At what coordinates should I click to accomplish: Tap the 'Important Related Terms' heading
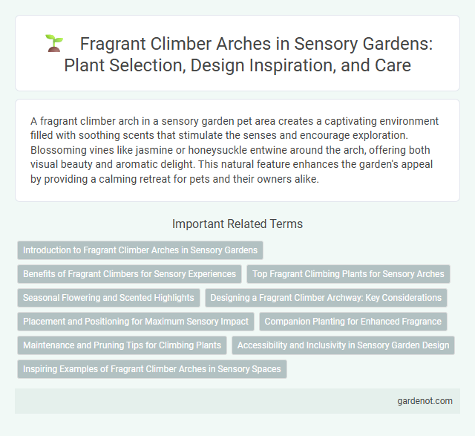tap(237, 224)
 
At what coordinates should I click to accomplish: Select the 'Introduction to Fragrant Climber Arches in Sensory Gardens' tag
tap(140, 250)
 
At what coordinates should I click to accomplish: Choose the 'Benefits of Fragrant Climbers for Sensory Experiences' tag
tap(130, 274)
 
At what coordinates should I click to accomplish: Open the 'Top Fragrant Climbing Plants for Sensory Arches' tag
tap(348, 274)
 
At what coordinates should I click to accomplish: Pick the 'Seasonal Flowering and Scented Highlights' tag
tap(108, 298)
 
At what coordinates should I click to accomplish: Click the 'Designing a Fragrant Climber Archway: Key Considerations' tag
tap(326, 298)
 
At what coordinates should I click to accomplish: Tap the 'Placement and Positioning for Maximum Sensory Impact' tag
tap(135, 322)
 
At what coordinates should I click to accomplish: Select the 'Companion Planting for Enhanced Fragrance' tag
tap(353, 322)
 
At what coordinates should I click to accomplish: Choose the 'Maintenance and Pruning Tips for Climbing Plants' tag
tap(122, 345)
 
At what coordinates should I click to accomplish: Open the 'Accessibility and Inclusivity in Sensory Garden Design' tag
tap(344, 345)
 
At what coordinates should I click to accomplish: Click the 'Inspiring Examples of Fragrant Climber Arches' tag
tap(151, 369)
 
